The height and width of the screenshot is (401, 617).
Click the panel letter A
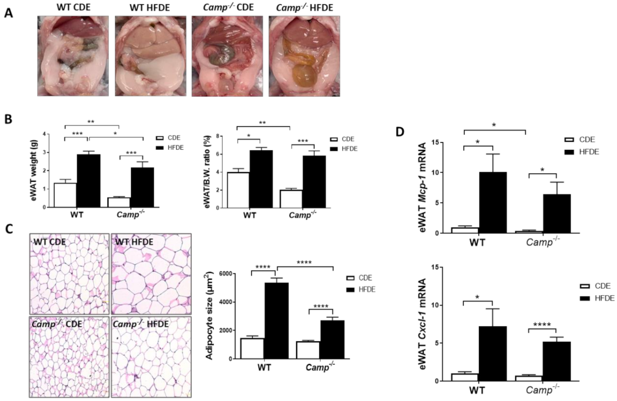[x=9, y=14]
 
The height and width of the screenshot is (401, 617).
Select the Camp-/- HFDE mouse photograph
[x=304, y=56]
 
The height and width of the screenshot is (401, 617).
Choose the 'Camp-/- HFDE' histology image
[x=151, y=357]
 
